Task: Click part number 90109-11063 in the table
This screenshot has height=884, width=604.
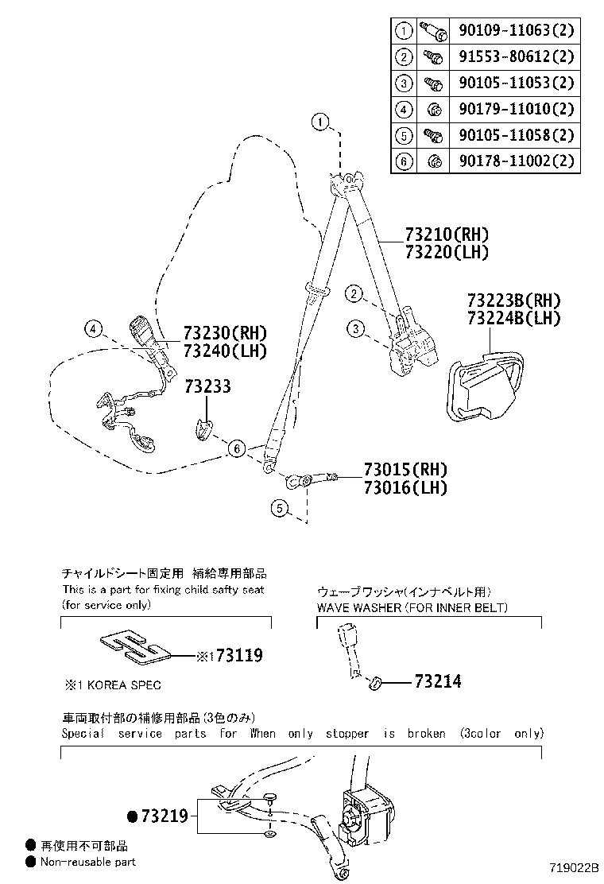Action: coord(516,31)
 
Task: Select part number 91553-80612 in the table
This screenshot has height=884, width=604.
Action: coord(516,57)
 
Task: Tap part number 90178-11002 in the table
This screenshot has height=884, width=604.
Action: coord(516,161)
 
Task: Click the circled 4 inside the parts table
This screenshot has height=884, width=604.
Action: coord(404,109)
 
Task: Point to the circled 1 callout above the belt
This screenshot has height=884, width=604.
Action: coord(319,122)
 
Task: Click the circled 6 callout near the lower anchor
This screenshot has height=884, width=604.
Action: coord(236,449)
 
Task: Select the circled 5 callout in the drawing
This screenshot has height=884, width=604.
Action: coord(278,508)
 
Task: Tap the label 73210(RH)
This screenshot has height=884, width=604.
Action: coord(446,235)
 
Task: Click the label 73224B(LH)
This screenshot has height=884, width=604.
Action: coord(513,318)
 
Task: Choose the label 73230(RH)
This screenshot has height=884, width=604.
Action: coord(225,333)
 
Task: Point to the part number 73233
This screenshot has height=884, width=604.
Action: coord(208,387)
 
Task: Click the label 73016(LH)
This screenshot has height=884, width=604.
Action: coord(405,487)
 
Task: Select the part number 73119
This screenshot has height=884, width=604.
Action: coord(239,656)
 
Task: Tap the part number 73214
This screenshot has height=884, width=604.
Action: coord(438,681)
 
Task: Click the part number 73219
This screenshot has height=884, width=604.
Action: coord(164,816)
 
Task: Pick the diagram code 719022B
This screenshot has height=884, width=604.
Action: coord(571,869)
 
